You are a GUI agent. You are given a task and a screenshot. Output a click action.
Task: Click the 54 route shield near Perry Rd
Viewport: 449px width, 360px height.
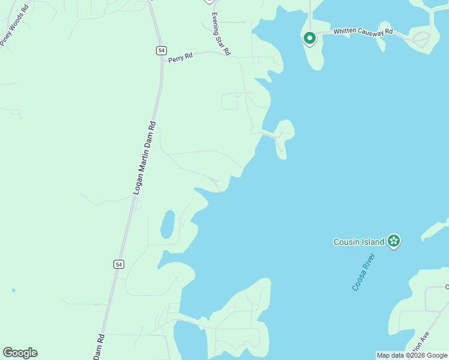tap(161, 50)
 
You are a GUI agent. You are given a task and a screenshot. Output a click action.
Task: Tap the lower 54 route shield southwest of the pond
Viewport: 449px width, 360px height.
tap(118, 264)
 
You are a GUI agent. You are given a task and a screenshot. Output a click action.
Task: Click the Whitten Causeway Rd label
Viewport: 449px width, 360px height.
tap(363, 31)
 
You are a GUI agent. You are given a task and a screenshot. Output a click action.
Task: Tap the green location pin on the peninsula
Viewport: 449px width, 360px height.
tap(309, 39)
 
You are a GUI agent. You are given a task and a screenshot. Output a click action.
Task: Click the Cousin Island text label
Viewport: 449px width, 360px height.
tap(358, 242)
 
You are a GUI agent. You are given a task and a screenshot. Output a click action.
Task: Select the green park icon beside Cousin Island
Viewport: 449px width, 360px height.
tap(394, 241)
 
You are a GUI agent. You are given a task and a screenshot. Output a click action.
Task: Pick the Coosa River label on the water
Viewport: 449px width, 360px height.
tap(363, 272)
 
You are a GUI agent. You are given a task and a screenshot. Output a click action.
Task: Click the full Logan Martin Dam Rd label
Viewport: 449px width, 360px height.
tap(144, 157)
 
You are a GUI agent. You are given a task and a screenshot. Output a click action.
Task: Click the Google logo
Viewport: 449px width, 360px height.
tap(20, 353)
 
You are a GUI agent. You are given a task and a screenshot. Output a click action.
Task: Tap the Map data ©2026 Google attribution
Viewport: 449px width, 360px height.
tap(412, 355)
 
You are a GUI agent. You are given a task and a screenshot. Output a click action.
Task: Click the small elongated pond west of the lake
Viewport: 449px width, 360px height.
tap(167, 224)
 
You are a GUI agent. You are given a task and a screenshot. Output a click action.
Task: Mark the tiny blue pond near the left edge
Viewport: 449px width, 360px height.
tap(13, 290)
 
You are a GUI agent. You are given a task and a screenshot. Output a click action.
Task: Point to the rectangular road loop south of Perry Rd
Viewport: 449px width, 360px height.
tap(230, 101)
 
